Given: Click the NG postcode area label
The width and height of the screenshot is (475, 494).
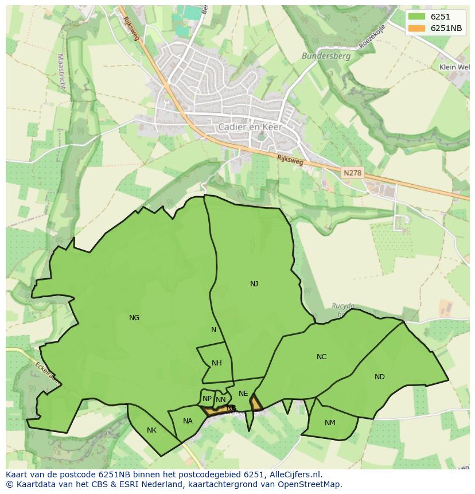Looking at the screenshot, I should pyautogui.click(x=134, y=318).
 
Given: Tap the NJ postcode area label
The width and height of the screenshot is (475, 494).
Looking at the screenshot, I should pyautogui.click(x=254, y=284).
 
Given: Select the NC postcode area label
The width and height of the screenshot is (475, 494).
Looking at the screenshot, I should pyautogui.click(x=321, y=357).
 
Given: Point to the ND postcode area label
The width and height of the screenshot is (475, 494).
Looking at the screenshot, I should pyautogui.click(x=379, y=377).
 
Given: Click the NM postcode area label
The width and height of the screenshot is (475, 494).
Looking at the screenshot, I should pyautogui.click(x=330, y=423).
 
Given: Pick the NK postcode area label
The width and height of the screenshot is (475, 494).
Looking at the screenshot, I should pyautogui.click(x=151, y=430).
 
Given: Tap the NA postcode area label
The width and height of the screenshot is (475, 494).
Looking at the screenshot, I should pyautogui.click(x=188, y=421).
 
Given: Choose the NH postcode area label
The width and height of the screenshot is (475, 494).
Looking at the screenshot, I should pyautogui.click(x=216, y=363).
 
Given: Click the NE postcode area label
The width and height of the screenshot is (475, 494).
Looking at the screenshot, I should pyautogui.click(x=243, y=394).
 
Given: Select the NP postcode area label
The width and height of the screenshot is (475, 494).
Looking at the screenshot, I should pyautogui.click(x=207, y=399).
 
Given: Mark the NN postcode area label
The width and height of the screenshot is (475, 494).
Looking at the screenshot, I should pyautogui.click(x=220, y=400).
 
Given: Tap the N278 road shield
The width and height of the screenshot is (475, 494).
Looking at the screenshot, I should pyautogui.click(x=353, y=173).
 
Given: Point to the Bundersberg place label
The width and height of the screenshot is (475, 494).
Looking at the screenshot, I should pyautogui.click(x=318, y=56).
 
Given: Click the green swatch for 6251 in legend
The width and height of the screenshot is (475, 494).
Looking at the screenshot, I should pyautogui.click(x=417, y=17).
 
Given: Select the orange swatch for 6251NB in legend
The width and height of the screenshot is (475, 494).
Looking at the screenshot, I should pyautogui.click(x=417, y=29).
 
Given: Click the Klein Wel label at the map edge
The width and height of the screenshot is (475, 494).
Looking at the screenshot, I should pyautogui.click(x=454, y=67).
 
